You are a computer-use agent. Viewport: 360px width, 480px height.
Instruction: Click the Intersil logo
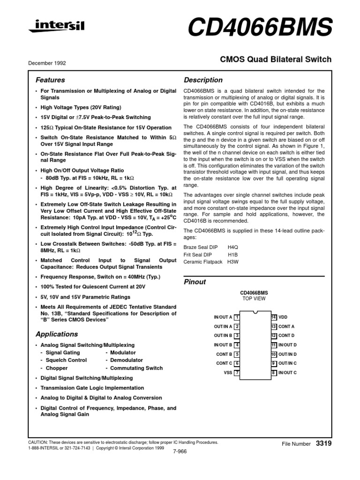56,27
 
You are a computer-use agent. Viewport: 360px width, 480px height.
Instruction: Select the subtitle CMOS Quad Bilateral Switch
276,60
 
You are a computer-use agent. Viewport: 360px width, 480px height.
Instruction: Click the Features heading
50,80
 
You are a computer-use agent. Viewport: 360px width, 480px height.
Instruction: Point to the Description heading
203,80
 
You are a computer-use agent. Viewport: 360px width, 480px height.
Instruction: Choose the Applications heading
57,334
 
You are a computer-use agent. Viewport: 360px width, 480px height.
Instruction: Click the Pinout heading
195,282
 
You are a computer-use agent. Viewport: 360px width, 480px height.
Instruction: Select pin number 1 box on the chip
237,317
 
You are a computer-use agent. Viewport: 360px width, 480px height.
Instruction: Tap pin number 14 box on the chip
273,317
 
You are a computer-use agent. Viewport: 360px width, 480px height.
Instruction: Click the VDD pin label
283,317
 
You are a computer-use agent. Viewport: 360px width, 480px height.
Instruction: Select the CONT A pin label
286,327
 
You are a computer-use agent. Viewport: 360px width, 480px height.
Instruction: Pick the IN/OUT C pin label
287,373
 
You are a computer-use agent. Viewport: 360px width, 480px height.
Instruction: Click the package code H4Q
233,246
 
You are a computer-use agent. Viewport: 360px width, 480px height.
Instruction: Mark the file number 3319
324,443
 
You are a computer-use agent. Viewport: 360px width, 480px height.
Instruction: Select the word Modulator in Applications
123,352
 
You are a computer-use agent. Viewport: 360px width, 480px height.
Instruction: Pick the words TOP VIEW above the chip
254,298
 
